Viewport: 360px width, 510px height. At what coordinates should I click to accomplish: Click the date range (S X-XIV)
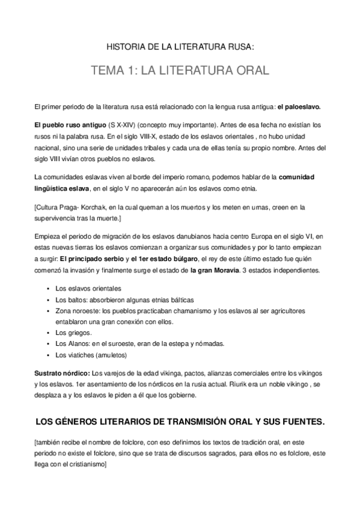pos(121,124)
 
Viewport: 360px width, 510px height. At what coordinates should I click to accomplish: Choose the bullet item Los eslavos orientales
pos(88,288)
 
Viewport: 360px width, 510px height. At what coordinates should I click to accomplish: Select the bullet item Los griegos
pos(73,333)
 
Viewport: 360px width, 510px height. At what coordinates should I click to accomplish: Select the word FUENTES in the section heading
pos(298,422)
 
